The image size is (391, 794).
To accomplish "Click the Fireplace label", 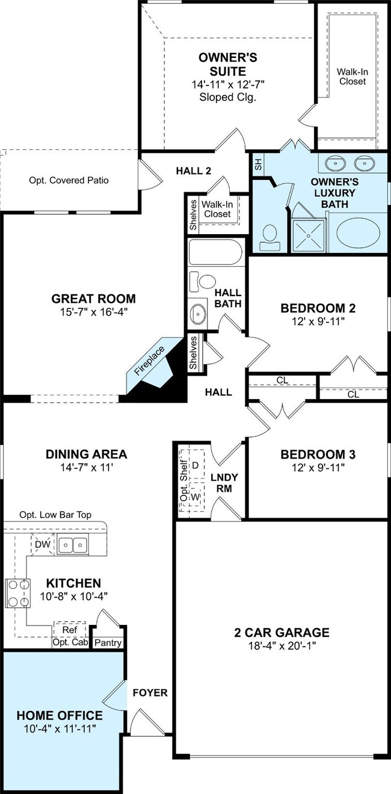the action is click(149, 361).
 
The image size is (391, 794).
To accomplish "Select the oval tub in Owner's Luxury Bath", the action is click(358, 233).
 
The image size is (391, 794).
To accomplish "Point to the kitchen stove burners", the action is click(17, 593).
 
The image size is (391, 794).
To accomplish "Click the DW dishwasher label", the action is click(43, 544).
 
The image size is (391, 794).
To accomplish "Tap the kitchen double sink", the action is click(73, 544).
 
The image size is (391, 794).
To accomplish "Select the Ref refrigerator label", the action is click(69, 630).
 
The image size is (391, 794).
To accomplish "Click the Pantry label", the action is click(108, 643).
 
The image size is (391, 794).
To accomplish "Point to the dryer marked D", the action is click(195, 465).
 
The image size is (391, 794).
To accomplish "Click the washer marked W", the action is click(195, 497).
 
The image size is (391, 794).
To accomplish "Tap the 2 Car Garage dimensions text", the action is click(282, 645).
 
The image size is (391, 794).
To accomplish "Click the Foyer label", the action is click(150, 692).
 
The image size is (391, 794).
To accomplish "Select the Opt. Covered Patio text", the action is click(69, 180).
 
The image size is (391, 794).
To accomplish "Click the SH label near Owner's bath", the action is click(258, 164).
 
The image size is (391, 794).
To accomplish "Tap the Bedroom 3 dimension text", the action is click(318, 468).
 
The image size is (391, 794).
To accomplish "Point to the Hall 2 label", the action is click(193, 171).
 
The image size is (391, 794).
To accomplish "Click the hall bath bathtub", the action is click(215, 252).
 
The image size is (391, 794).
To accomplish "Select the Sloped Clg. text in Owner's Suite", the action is click(228, 97).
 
